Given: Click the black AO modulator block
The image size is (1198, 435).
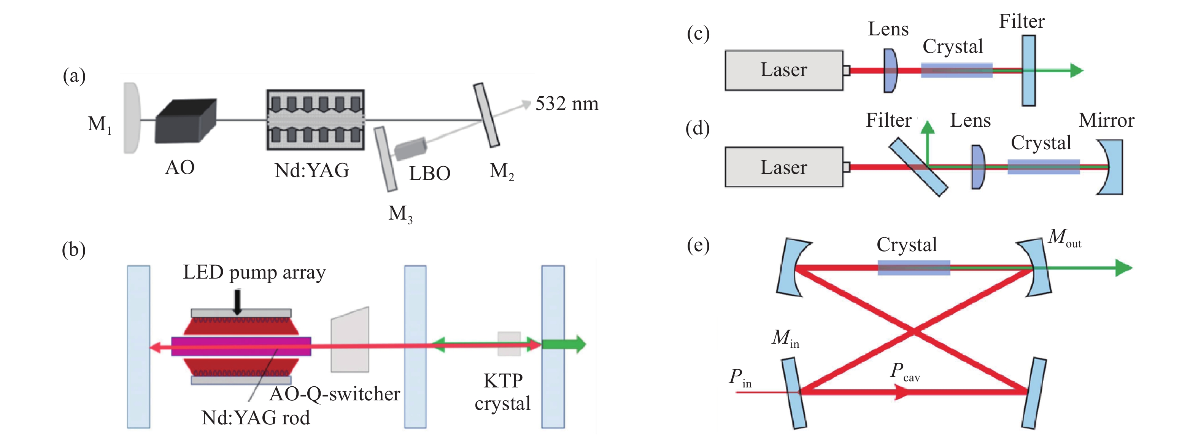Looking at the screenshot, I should [x=185, y=121].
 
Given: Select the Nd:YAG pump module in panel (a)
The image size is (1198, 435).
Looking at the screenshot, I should [x=315, y=120].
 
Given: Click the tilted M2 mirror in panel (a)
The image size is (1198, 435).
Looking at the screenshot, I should [x=486, y=115].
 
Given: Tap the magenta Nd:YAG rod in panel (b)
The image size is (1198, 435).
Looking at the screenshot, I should [x=241, y=347].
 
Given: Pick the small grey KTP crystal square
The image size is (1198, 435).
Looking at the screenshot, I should [x=509, y=344].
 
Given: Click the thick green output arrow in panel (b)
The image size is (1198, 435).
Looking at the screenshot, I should [x=565, y=344].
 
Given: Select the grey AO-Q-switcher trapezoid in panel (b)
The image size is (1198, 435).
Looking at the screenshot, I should [x=350, y=339].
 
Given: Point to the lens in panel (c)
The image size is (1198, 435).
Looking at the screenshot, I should [x=890, y=70].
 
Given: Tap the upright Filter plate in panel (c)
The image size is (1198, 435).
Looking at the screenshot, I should [x=1028, y=70].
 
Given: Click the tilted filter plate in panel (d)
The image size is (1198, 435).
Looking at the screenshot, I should [x=918, y=167].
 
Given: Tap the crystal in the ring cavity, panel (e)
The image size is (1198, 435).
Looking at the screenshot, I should [x=914, y=268].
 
